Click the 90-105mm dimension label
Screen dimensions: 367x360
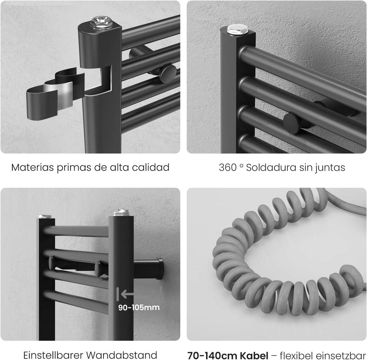139,307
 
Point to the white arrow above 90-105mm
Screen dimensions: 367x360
125,294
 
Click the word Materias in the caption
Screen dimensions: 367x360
33,167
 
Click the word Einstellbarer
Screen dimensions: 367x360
53,355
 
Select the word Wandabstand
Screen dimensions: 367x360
122,355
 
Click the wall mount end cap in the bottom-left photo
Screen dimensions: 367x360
160,269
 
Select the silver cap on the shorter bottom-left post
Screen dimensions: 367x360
45,217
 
